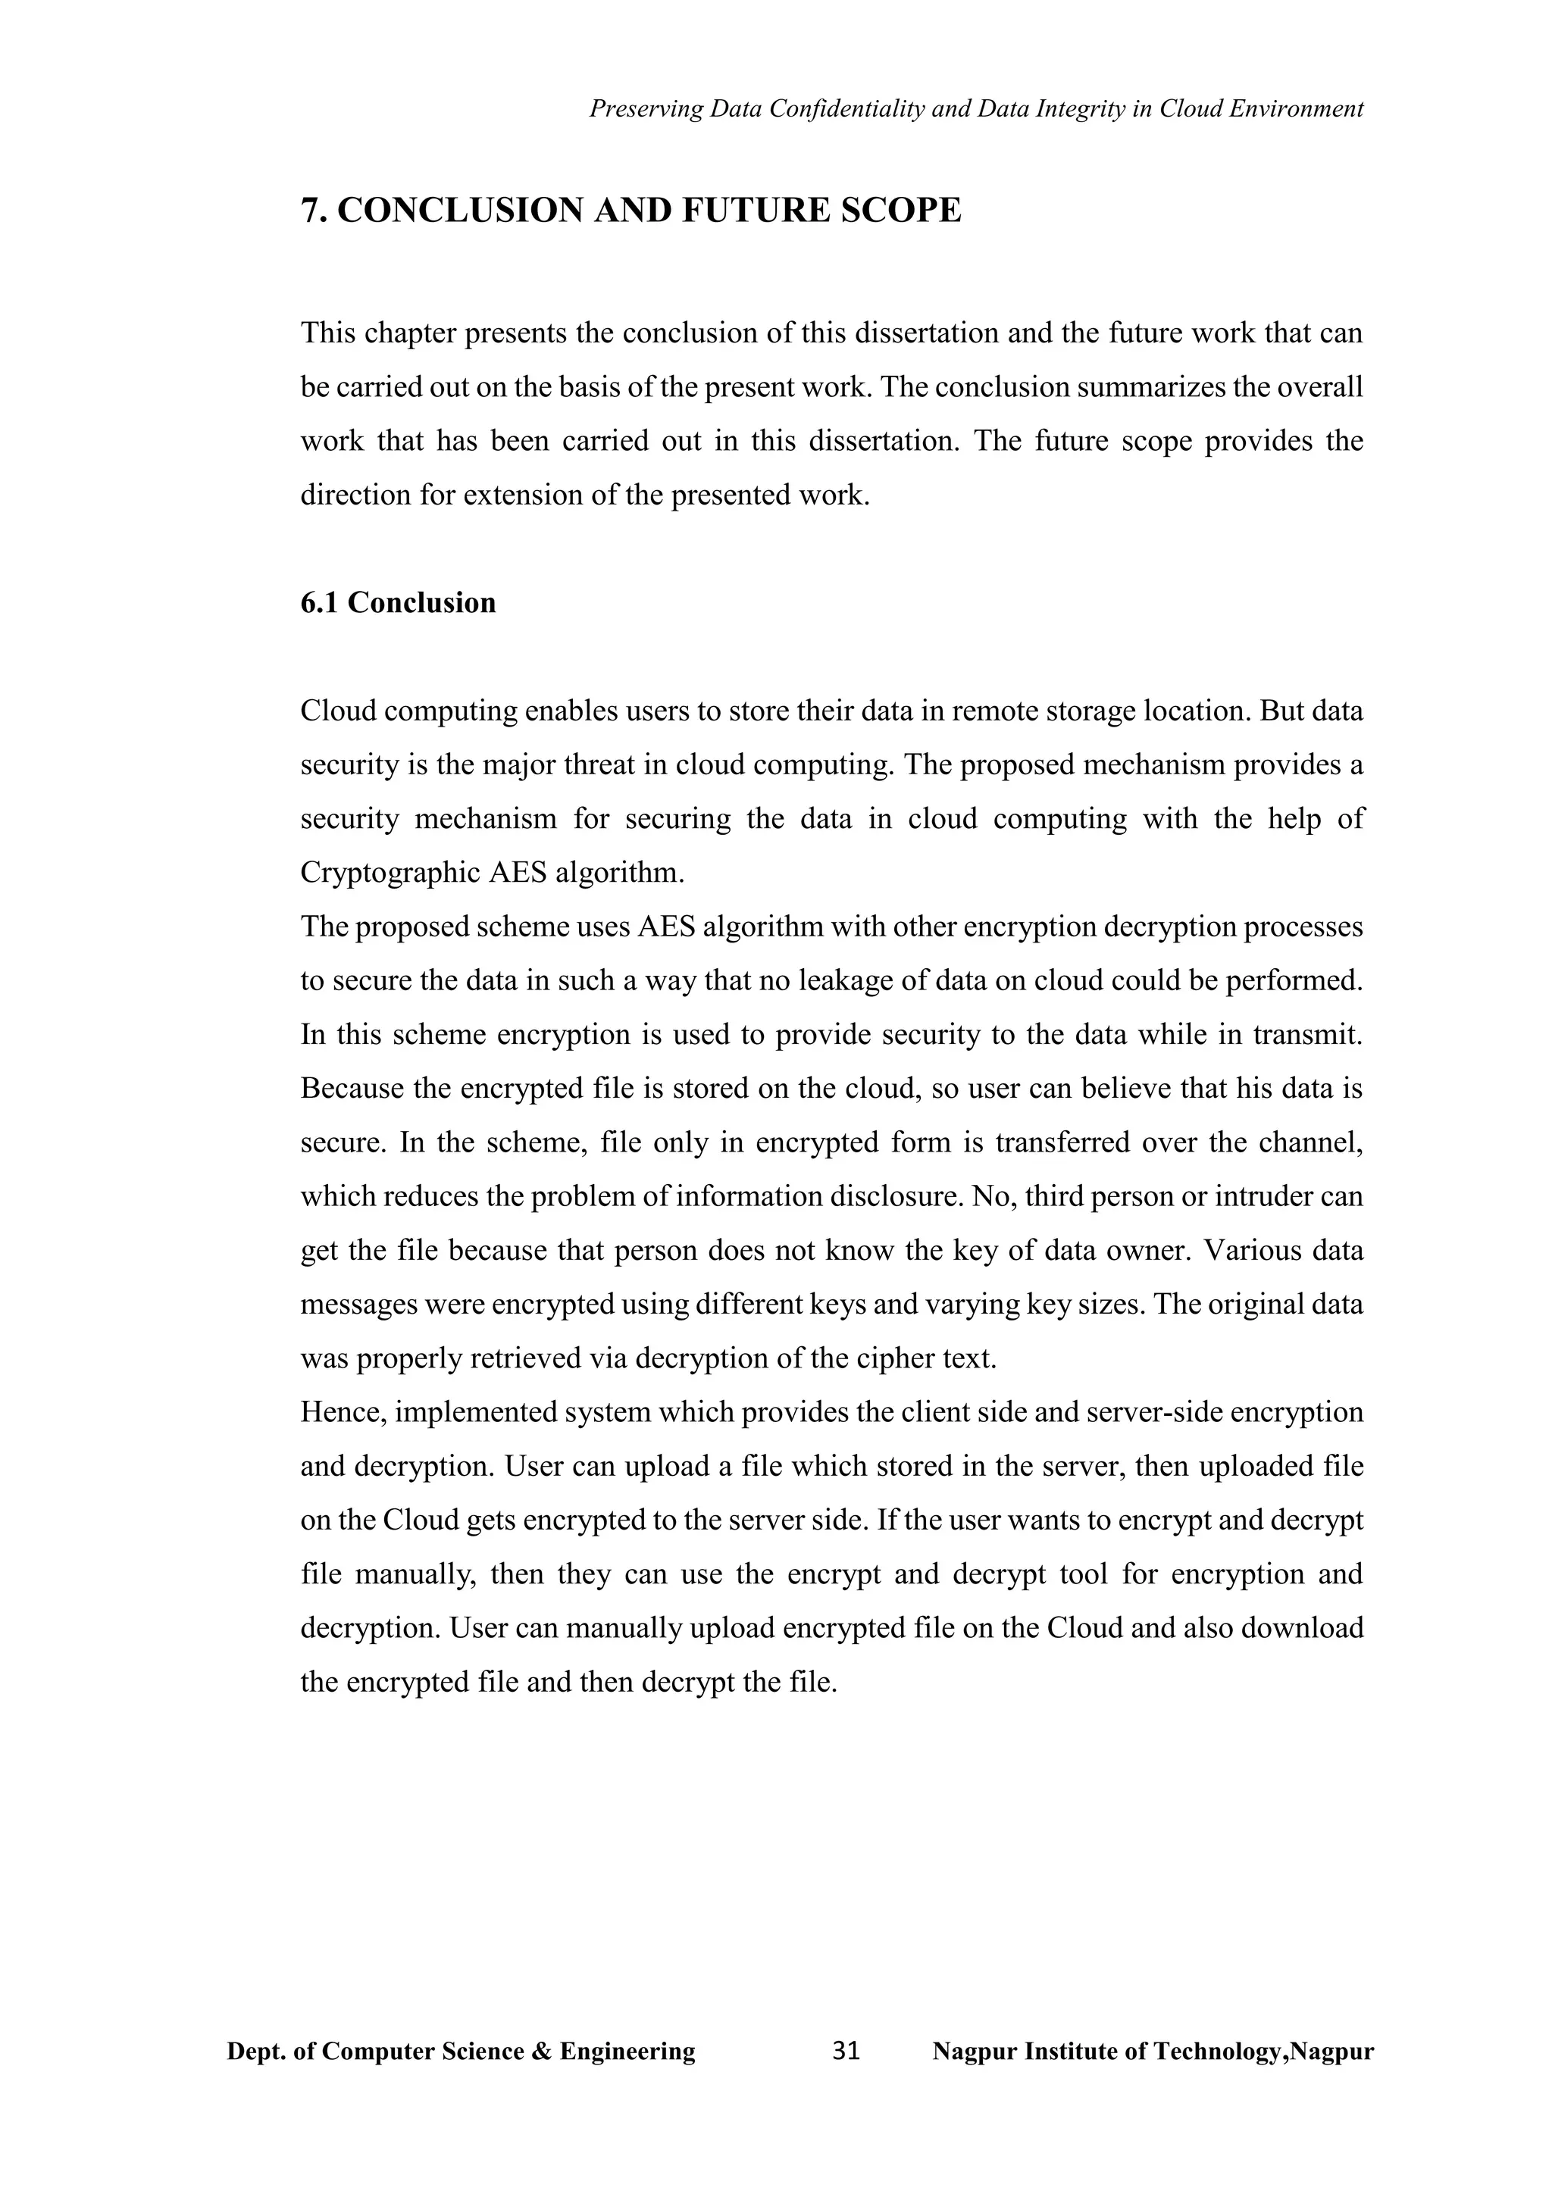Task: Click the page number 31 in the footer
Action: (x=846, y=2052)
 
